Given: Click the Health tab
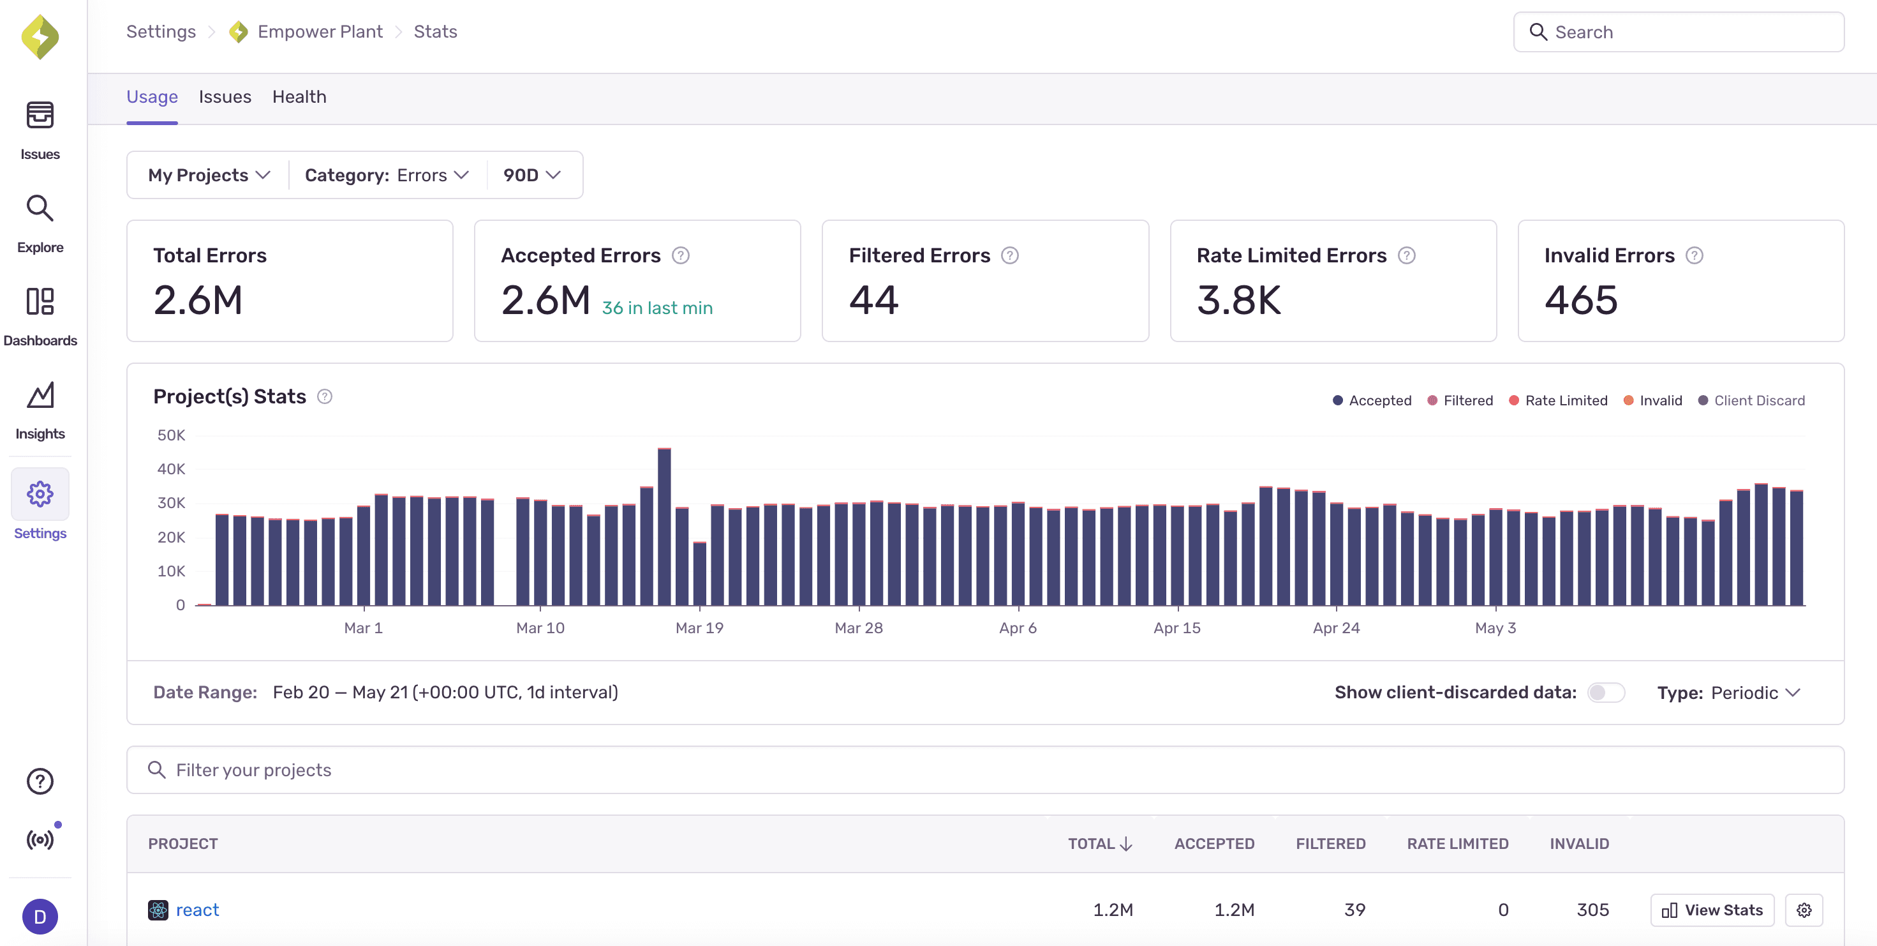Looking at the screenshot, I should [299, 97].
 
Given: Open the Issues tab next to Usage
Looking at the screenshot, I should [225, 97].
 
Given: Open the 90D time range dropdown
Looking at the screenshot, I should [531, 175].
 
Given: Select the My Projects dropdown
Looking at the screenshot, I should [209, 175].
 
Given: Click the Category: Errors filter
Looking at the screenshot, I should [386, 175].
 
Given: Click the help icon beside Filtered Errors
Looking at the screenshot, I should [1009, 256].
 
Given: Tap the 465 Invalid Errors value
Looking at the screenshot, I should [1580, 300].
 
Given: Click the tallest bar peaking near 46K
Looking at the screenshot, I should [664, 525].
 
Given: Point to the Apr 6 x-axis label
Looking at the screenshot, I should [1017, 627].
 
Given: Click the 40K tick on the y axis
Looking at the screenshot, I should [171, 469].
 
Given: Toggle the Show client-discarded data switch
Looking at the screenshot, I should [1605, 693].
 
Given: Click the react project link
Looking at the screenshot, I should [197, 910].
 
